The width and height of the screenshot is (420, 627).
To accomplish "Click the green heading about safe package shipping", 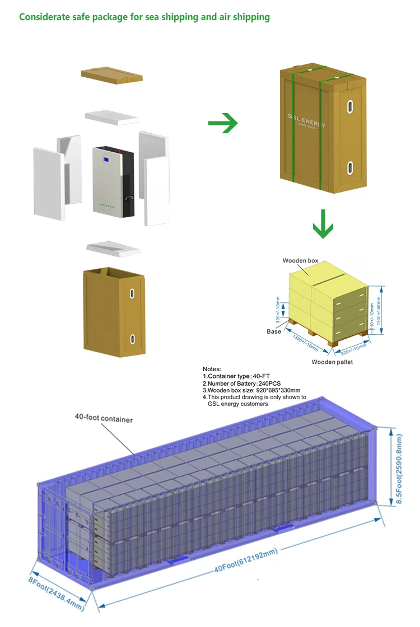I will click(144, 17).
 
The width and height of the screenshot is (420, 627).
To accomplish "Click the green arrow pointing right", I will click(223, 123).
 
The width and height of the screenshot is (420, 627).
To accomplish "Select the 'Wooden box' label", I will click(300, 261).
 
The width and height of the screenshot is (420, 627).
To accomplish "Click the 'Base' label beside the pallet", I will click(274, 331).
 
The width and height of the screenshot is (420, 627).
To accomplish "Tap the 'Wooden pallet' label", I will click(332, 362).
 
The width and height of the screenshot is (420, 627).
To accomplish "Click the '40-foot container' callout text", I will click(104, 418).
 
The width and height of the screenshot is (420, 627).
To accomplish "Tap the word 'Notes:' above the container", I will click(212, 369).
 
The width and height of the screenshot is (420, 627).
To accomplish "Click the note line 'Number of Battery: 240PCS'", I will click(241, 383).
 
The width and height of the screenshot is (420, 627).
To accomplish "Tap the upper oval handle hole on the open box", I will click(132, 294).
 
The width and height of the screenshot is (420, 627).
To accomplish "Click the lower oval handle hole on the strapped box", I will click(349, 166).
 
